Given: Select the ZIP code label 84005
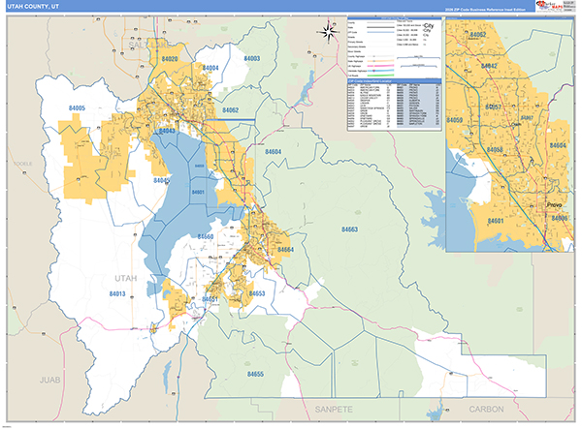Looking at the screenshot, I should (x=78, y=108).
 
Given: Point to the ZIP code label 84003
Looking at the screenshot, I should (x=251, y=59).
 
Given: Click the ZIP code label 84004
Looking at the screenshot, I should (x=210, y=68).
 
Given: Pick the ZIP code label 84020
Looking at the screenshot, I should (x=171, y=59).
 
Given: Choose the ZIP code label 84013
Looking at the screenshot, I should (x=117, y=292).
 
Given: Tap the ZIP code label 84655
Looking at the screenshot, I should (x=256, y=373).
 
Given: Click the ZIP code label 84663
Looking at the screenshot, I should (x=349, y=229).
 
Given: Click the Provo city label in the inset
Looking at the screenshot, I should (x=554, y=206).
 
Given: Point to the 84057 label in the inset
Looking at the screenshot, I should (x=494, y=106).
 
